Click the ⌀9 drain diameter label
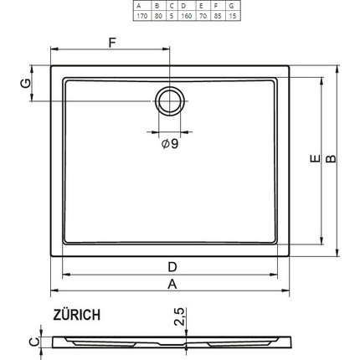pyautogui.click(x=169, y=144)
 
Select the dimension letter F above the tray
pyautogui.click(x=112, y=42)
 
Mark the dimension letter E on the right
pyautogui.click(x=312, y=160)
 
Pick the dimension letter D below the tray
pyautogui.click(x=172, y=266)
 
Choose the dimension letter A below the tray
pyautogui.click(x=172, y=285)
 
